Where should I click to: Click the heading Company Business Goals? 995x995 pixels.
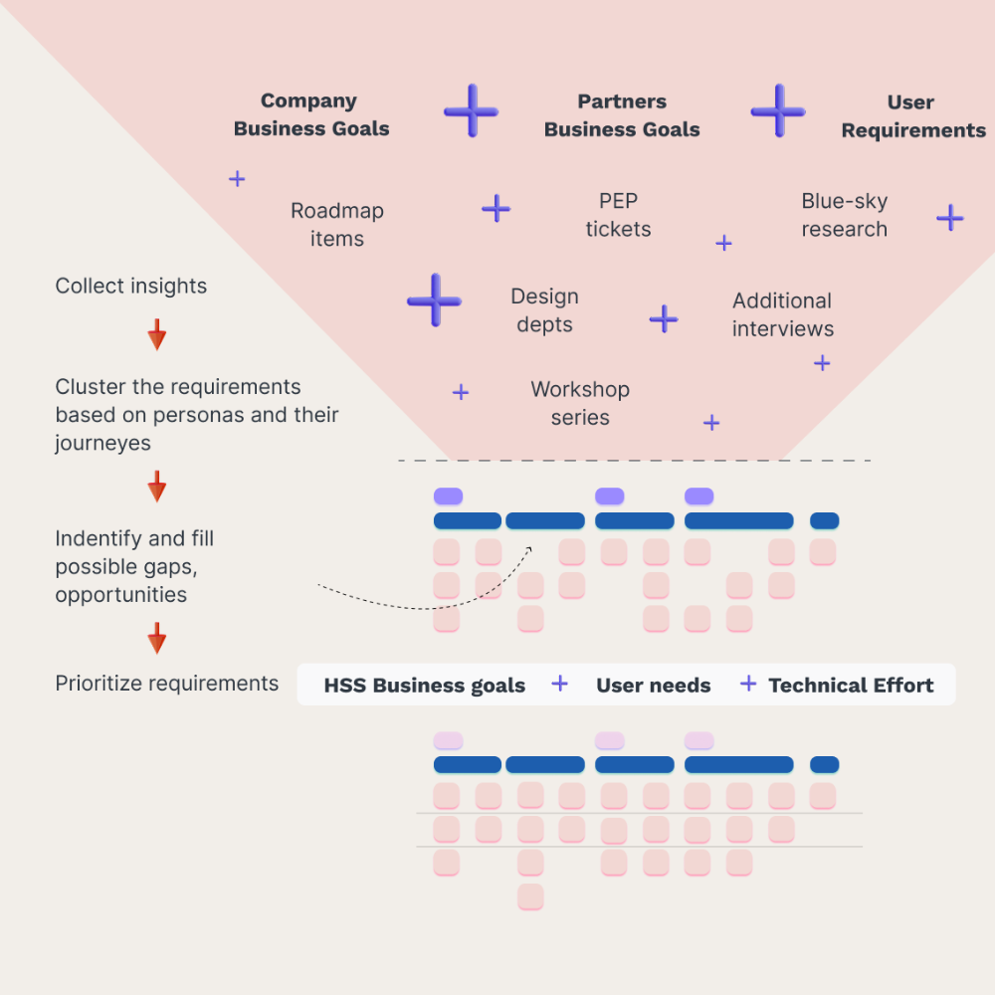pos(310,114)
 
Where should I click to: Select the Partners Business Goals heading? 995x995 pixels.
pos(622,115)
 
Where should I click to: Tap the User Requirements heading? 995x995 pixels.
pos(912,116)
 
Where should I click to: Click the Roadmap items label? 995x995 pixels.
pos(336,225)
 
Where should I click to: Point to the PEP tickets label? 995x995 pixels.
pos(618,215)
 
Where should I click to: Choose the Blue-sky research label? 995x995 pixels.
pos(844,215)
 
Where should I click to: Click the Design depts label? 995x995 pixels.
pos(544,310)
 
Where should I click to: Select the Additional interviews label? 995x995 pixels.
pos(783,314)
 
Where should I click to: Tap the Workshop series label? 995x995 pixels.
pos(580,403)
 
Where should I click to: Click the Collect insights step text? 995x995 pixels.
pos(131,287)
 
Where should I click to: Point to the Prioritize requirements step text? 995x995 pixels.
pos(167,684)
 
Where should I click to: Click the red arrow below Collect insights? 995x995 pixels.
pos(156,334)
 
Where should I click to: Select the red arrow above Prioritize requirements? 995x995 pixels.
pos(156,638)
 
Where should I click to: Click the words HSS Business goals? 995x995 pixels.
pos(425,686)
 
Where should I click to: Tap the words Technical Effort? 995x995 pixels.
pos(851,685)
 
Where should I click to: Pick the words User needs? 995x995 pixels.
pos(654,685)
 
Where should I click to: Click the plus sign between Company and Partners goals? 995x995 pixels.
pos(471,110)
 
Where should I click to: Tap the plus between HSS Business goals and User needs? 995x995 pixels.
pos(560,684)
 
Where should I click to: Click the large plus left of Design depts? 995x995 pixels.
pos(434,299)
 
